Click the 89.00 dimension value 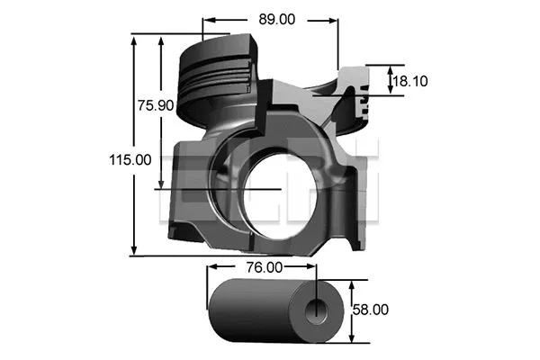coord(279,17)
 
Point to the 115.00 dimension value coord(130,159)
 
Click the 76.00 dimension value coord(265,267)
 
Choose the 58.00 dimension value coord(370,309)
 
